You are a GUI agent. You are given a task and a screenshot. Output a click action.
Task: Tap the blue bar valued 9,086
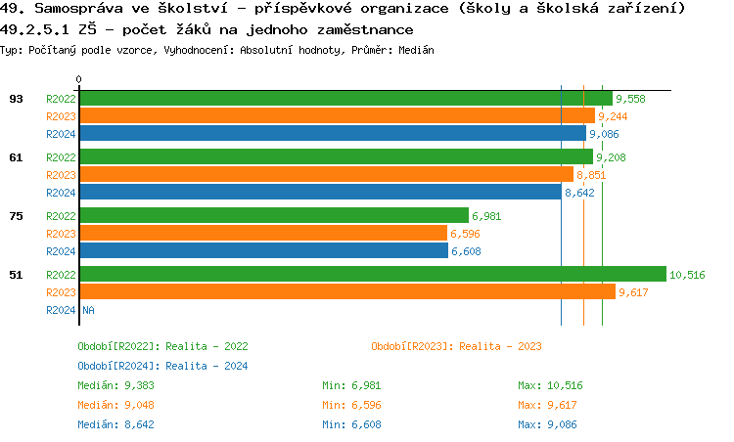[x=332, y=133]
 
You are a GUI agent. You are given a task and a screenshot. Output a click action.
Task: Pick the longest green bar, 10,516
[x=372, y=274]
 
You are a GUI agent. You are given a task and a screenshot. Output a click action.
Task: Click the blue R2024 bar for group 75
[x=263, y=250]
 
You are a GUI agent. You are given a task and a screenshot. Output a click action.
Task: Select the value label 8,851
[x=591, y=175]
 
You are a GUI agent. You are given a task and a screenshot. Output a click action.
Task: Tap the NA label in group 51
[x=88, y=310]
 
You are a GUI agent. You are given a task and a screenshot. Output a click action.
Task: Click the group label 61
[x=16, y=156]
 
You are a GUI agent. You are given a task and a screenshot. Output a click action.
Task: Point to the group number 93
[x=16, y=98]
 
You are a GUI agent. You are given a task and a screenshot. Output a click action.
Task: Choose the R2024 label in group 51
[x=61, y=310]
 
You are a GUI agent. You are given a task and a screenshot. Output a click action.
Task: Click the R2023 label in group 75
[x=61, y=234]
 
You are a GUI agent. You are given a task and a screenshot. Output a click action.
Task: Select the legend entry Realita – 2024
[x=162, y=366]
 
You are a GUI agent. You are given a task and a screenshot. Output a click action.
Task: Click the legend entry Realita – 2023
[x=456, y=346]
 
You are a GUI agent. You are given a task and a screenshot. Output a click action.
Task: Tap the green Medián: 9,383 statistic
[x=114, y=385]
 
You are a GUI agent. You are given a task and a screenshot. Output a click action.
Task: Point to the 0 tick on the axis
[x=79, y=79]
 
